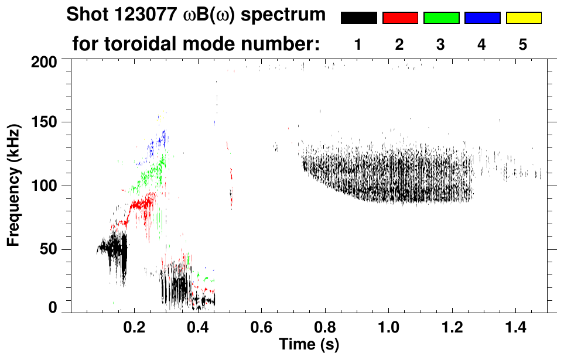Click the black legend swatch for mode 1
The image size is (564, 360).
pos(358,18)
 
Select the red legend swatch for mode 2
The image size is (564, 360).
pos(399,18)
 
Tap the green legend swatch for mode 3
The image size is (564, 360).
pos(441,18)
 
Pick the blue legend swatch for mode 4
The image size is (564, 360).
pos(482,18)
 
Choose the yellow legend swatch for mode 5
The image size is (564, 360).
pos(523,18)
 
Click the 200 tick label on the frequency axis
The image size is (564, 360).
pos(45,61)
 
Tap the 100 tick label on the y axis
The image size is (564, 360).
pos(45,186)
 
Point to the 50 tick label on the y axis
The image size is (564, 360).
pos(49,250)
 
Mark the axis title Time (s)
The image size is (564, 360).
pos(309,344)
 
